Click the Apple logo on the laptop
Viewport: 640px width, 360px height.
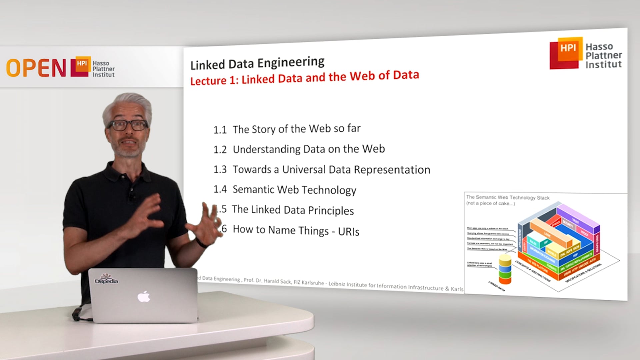[x=144, y=296]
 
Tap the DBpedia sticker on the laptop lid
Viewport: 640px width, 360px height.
[x=106, y=279]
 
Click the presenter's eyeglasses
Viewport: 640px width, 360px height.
[x=128, y=125]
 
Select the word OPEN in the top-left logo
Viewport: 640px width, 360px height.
[x=36, y=68]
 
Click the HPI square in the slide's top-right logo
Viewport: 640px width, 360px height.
[x=568, y=49]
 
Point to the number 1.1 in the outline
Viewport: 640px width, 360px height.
[x=220, y=130]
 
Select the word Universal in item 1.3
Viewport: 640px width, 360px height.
[x=304, y=170]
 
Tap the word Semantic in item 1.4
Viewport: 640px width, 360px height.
[x=253, y=189]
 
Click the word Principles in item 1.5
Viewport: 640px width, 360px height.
[x=331, y=211]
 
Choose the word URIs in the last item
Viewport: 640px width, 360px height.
[x=349, y=232]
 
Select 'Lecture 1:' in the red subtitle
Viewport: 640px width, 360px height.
[x=213, y=81]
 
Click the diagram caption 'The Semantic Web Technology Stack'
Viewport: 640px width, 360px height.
[x=508, y=197]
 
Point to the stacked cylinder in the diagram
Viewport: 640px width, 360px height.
[x=505, y=269]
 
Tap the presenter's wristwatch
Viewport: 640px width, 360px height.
[x=201, y=243]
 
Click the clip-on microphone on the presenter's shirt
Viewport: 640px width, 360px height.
[x=132, y=197]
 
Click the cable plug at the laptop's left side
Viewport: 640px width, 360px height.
[x=77, y=314]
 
